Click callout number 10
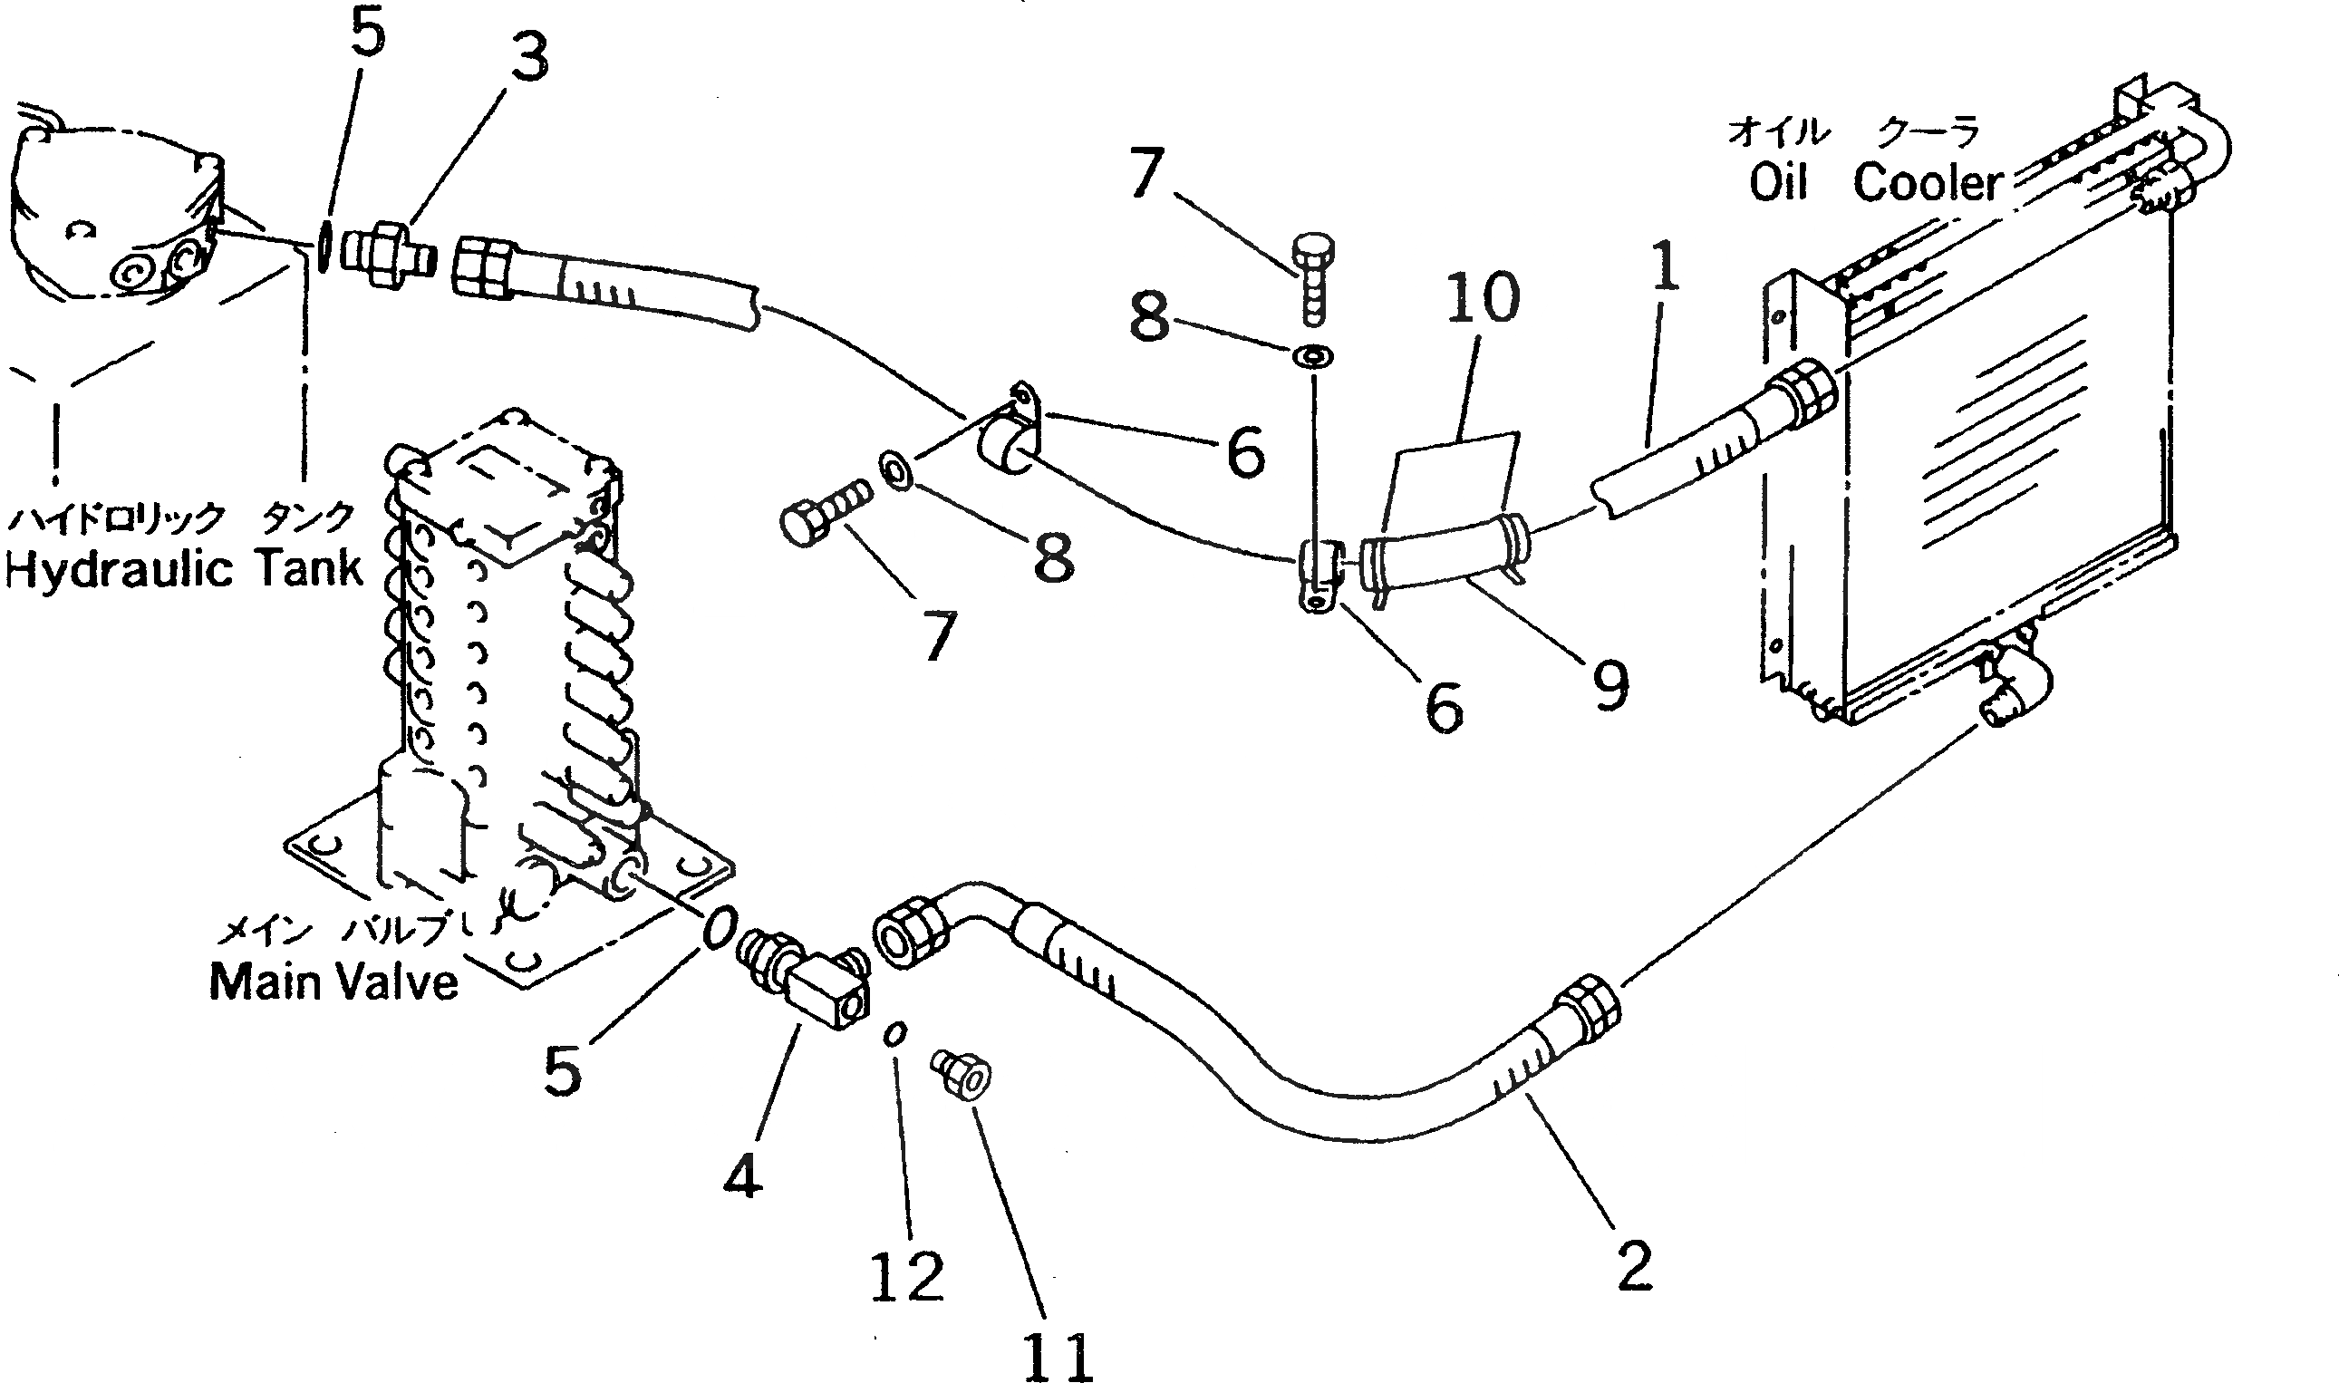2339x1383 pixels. pos(1482,299)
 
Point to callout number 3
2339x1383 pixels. pos(529,58)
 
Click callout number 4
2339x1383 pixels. pos(743,1175)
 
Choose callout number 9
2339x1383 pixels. pos(1610,686)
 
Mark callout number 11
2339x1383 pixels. pos(1058,1357)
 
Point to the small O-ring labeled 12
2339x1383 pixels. pos(895,1035)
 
